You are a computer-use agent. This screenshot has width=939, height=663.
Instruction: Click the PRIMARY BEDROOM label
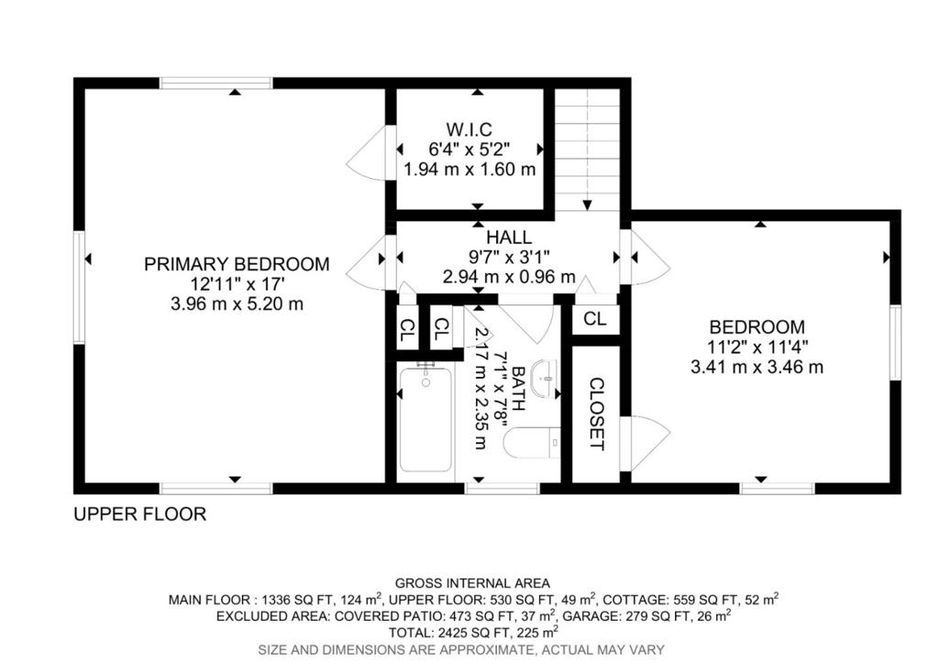[x=236, y=264]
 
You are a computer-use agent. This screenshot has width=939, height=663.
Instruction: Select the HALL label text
[x=508, y=238]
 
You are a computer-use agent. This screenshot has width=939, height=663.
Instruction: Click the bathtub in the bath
[x=426, y=419]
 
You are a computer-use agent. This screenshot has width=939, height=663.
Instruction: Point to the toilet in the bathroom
[x=532, y=442]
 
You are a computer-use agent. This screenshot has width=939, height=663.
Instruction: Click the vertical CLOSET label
[x=596, y=414]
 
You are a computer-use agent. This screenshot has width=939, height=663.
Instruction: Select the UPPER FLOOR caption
[x=139, y=514]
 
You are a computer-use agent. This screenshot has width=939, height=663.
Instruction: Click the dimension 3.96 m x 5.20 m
[x=236, y=304]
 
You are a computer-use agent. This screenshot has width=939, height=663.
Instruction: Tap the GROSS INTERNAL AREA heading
[x=472, y=583]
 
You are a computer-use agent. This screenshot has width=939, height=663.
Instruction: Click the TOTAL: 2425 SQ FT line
[x=472, y=633]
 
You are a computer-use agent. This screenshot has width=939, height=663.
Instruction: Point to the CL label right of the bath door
[x=595, y=319]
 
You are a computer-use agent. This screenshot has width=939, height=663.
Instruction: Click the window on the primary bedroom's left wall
[x=80, y=286]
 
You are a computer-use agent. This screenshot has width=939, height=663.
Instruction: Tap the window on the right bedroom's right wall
[x=894, y=342]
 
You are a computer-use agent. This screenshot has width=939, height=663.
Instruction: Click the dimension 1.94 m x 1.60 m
[x=469, y=170]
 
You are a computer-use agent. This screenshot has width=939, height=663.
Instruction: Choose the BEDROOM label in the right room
[x=757, y=327]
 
